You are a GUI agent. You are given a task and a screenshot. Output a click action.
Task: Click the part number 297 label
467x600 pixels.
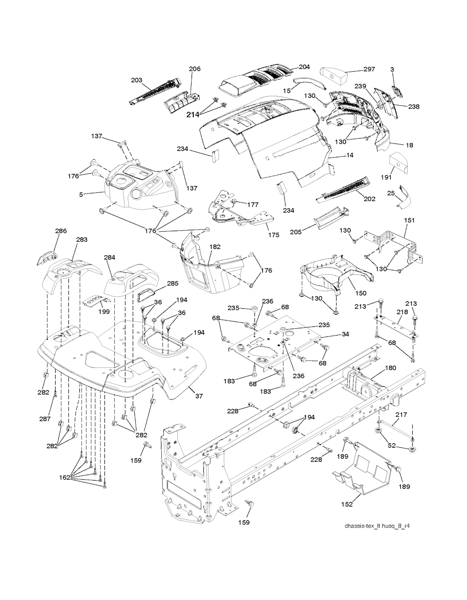(x=369, y=69)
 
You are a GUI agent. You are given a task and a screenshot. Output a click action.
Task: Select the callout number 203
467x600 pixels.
(x=136, y=80)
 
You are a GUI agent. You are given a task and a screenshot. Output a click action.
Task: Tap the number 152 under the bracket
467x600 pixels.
(x=347, y=504)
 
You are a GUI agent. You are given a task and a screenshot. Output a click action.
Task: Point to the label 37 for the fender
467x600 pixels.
(x=199, y=396)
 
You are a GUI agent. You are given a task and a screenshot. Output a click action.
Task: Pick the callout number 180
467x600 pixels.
(x=391, y=367)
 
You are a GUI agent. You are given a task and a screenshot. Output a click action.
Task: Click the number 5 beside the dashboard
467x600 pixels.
(x=81, y=195)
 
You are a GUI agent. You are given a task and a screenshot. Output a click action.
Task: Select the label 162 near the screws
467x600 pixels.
(x=65, y=477)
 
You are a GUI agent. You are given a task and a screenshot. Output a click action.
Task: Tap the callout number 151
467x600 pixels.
(x=409, y=220)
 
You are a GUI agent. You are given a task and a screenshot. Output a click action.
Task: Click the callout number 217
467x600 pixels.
(x=401, y=414)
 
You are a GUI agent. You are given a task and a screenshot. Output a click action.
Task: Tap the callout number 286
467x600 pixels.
(x=61, y=231)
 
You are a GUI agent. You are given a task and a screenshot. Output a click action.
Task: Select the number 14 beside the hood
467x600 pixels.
(x=349, y=155)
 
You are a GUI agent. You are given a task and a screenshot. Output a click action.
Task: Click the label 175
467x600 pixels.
(x=273, y=235)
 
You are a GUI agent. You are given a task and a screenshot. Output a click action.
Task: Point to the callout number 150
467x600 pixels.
(x=360, y=292)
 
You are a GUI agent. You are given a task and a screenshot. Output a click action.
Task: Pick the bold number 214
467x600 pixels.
(x=193, y=115)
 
